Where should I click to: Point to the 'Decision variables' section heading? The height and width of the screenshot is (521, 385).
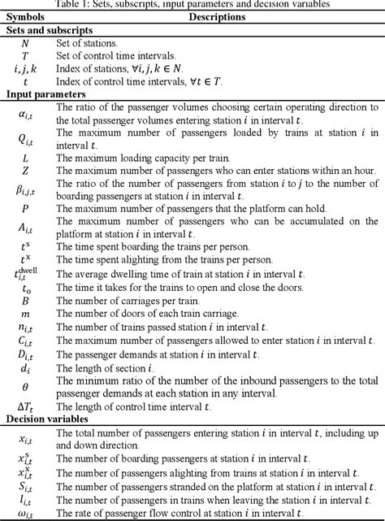(x=45, y=419)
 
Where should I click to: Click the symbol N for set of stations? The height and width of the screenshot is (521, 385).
(x=25, y=43)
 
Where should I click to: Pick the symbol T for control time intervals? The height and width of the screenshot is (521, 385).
(x=25, y=55)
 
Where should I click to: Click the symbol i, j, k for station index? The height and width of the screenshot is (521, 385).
(x=25, y=68)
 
